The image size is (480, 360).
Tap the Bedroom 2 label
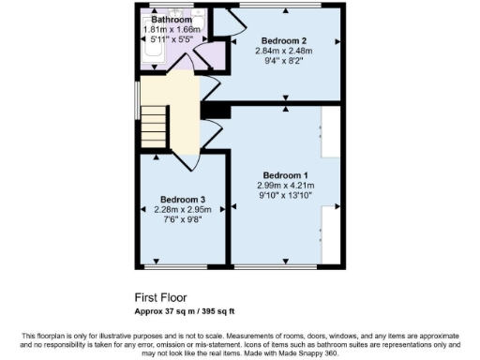pos(285,40)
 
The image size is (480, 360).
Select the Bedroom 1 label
pos(286,175)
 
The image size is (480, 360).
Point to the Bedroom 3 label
pos(182,199)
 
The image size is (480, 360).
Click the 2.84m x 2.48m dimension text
pos(285,51)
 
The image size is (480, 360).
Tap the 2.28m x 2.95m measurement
pos(182,209)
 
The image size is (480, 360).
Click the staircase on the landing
pos(155,120)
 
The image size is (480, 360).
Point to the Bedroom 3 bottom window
pos(183,266)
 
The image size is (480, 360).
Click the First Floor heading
pos(158,295)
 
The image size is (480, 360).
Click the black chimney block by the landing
pos(216,112)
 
